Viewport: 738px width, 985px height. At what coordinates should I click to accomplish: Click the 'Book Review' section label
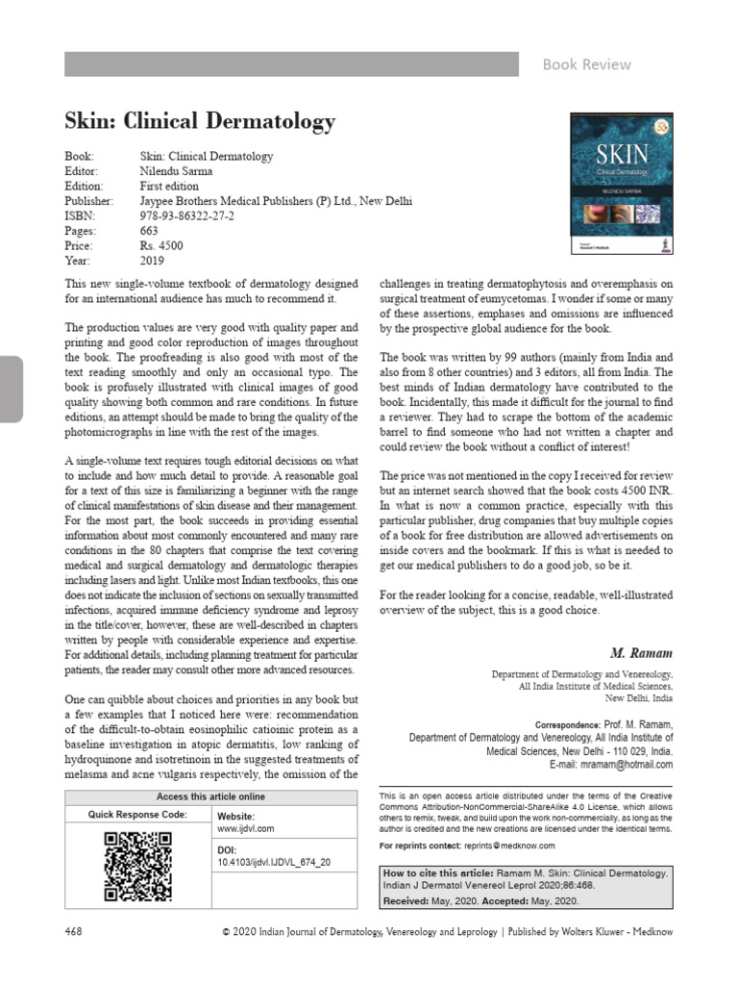[586, 64]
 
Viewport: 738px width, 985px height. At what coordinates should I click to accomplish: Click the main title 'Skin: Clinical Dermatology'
[200, 122]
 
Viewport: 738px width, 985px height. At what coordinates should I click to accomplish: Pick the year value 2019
[152, 260]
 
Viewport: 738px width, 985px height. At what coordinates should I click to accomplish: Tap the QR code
[137, 866]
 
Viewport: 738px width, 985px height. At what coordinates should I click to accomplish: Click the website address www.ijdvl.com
[246, 828]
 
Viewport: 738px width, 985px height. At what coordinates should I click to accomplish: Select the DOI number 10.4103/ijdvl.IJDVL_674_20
[274, 863]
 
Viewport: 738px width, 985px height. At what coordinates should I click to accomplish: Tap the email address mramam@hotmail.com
[626, 765]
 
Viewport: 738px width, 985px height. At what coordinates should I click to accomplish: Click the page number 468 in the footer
[74, 932]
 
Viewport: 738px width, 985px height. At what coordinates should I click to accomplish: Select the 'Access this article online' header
[210, 796]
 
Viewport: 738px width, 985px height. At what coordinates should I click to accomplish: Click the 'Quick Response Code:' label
[137, 814]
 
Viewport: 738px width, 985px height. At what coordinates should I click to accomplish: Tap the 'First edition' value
[169, 186]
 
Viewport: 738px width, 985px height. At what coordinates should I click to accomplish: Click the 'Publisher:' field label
[88, 201]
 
